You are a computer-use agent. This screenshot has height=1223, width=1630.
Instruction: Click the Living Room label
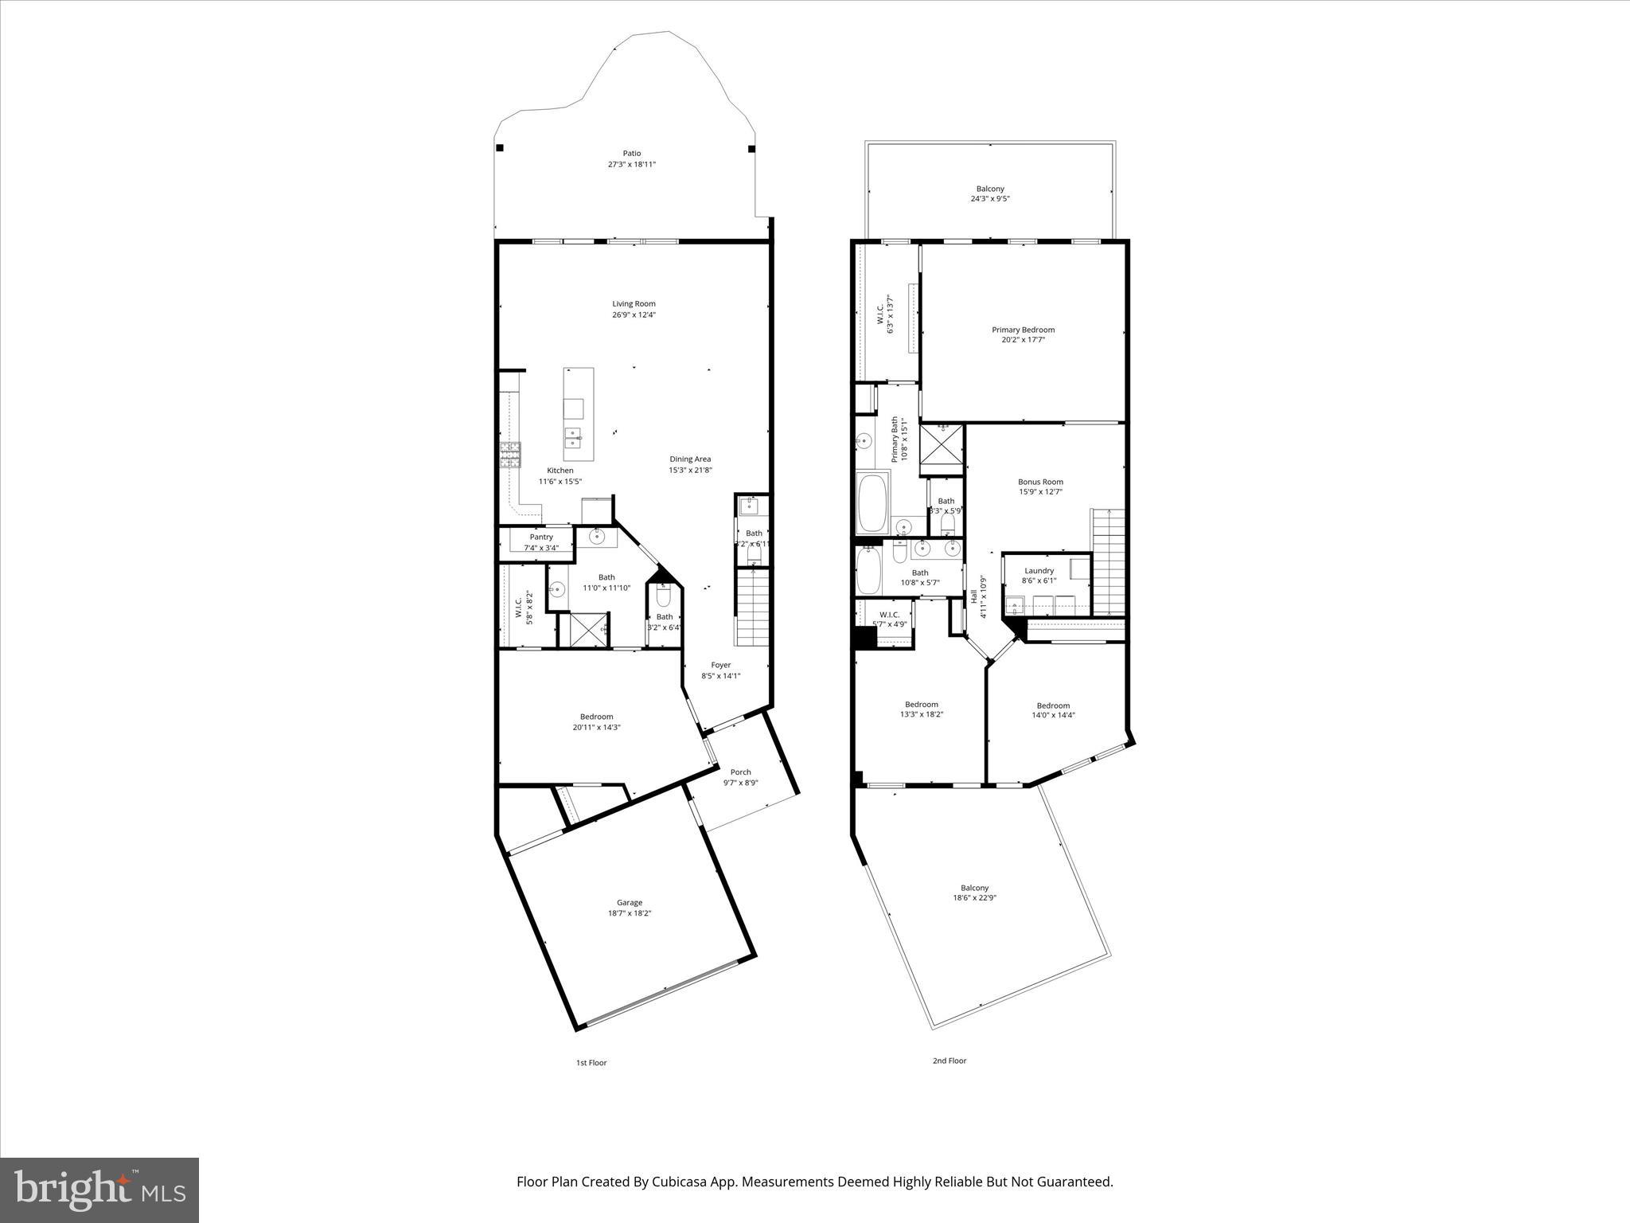tap(634, 303)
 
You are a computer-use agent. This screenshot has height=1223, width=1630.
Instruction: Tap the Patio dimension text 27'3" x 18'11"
tap(631, 165)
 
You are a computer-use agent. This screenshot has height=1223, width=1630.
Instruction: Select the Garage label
tap(629, 902)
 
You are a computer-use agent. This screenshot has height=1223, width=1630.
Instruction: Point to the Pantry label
tap(541, 537)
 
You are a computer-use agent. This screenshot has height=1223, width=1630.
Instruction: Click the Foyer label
tap(720, 665)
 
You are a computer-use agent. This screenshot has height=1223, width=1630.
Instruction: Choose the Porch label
tap(740, 772)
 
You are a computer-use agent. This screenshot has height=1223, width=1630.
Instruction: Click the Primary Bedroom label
tap(1023, 330)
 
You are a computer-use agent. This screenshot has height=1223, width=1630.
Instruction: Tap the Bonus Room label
tap(1040, 482)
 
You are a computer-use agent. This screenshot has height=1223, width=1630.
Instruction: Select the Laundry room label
tap(1039, 571)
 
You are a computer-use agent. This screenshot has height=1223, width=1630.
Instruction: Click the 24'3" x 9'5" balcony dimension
tap(990, 199)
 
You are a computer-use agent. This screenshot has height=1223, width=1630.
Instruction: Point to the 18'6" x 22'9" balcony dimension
tap(975, 897)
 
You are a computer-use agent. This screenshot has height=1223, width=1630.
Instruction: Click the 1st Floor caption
tap(591, 1063)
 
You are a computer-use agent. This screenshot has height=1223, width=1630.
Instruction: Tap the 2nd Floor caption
tap(950, 1061)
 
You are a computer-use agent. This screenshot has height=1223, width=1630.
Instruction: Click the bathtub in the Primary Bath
tap(872, 503)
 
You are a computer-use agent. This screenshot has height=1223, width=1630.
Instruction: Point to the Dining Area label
tap(690, 459)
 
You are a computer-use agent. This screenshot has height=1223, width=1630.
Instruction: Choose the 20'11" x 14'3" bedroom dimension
tap(596, 727)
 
